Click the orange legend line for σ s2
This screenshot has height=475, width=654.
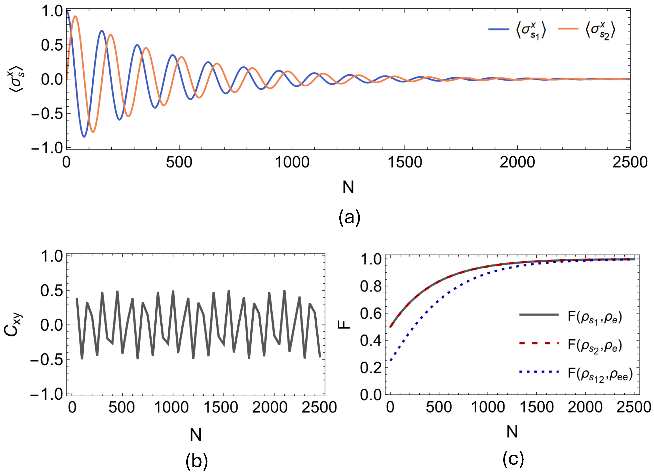(x=568, y=29)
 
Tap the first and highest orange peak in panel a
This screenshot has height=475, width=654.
(x=75, y=16)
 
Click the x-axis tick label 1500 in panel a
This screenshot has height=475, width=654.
(x=405, y=162)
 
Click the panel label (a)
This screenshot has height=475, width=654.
(x=349, y=217)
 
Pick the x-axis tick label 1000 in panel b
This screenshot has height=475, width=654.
(x=171, y=408)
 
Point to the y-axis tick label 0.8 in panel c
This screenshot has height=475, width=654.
(x=371, y=286)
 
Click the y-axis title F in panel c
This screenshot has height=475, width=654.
(x=344, y=325)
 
